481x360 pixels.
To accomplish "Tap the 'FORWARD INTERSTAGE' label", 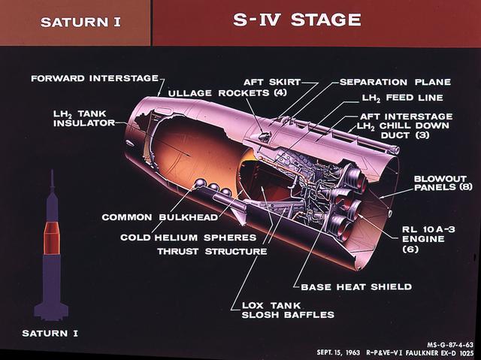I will [x=94, y=77].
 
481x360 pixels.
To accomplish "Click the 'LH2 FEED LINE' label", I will [x=402, y=98].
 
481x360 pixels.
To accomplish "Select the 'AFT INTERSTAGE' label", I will [x=407, y=116].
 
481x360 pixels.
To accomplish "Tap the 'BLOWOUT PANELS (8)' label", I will [x=445, y=183].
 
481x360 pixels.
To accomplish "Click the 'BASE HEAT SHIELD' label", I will [x=355, y=286].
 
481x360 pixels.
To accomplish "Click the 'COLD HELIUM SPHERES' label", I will [x=188, y=237].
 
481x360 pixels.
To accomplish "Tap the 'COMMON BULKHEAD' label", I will [x=160, y=217].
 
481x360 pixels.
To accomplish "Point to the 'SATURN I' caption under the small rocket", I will [x=51, y=331].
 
